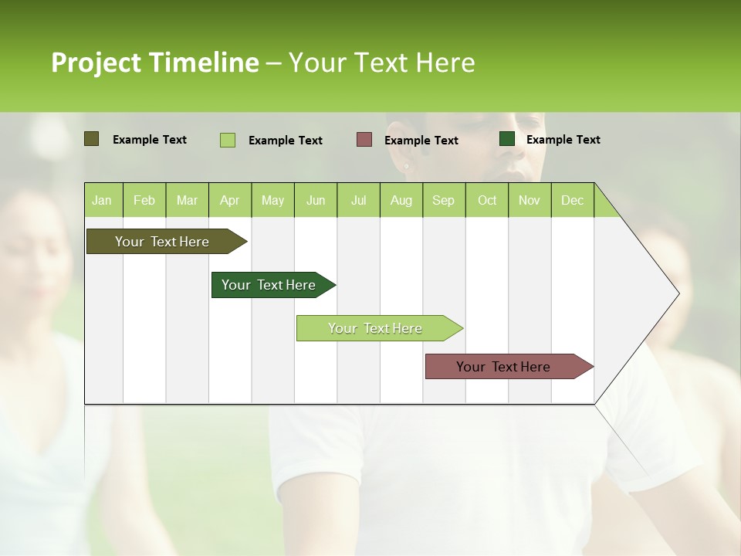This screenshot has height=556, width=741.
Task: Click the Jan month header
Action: coord(102,200)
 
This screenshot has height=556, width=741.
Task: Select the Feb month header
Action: coord(144,200)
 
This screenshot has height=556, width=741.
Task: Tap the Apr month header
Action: coord(230,200)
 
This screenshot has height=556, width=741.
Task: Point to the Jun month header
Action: coord(316,200)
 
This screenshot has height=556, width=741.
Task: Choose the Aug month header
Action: coord(401,200)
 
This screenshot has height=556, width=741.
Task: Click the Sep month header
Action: coord(444,200)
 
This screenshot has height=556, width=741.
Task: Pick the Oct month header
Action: coord(487,200)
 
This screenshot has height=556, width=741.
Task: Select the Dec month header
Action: coord(573,200)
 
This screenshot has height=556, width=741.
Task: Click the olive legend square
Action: coord(91,139)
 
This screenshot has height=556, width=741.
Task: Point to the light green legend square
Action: coord(228,140)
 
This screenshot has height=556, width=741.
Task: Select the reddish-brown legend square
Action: coord(364,139)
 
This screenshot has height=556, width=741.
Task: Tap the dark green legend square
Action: coord(507,139)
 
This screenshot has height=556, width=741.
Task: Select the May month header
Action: coord(272,200)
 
